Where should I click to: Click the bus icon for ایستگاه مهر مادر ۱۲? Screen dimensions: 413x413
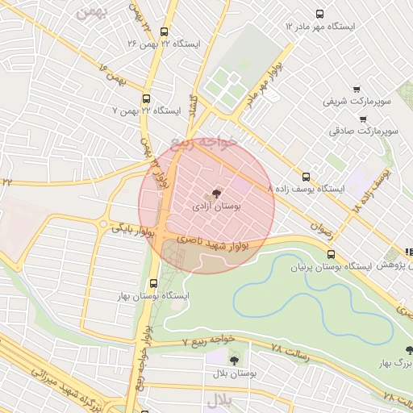(319, 14)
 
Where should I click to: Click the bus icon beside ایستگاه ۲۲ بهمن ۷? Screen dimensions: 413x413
(145, 98)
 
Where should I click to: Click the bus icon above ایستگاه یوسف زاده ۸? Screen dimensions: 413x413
(305, 176)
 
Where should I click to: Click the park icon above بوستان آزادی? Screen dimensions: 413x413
(215, 194)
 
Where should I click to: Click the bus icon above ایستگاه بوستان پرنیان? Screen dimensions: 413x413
(329, 252)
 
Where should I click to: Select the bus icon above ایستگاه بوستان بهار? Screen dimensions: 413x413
(153, 282)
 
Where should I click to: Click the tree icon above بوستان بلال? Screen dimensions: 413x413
(235, 361)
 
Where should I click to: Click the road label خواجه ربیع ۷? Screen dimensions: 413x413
(193, 340)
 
